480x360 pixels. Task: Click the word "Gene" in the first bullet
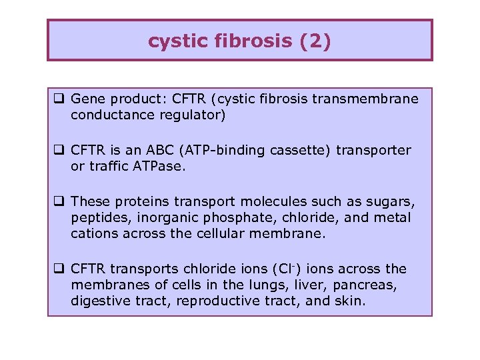(x=86, y=99)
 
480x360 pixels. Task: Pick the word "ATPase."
(x=161, y=167)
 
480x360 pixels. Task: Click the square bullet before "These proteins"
(x=59, y=201)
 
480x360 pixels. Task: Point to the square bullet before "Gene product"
(x=59, y=99)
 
